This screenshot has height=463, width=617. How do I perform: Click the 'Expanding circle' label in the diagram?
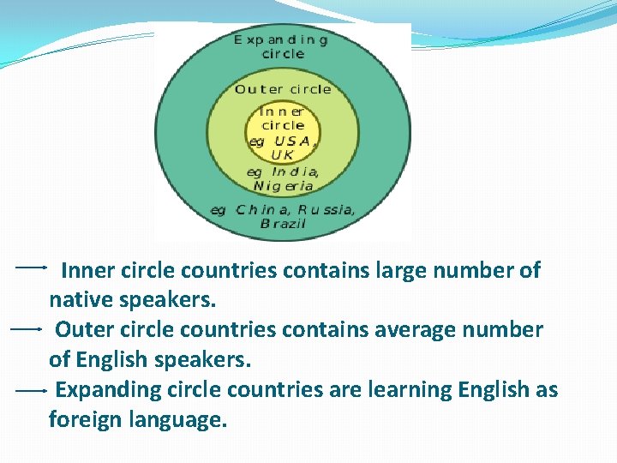click(x=282, y=46)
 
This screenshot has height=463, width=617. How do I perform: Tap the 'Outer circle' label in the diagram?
click(x=283, y=89)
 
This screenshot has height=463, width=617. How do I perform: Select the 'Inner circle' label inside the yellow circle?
click(x=282, y=118)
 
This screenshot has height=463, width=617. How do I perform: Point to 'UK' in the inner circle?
click(x=282, y=155)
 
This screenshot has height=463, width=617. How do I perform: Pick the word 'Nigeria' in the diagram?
click(x=284, y=185)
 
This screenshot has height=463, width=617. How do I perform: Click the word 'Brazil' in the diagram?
click(x=282, y=223)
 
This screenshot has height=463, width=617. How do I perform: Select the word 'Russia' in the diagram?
click(x=326, y=209)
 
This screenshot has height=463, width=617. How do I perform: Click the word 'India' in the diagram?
click(x=296, y=171)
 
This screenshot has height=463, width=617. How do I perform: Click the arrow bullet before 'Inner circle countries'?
click(x=31, y=268)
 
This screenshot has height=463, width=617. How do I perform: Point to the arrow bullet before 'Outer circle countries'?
click(x=27, y=328)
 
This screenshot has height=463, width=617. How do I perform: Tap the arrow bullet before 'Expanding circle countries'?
click(x=31, y=390)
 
